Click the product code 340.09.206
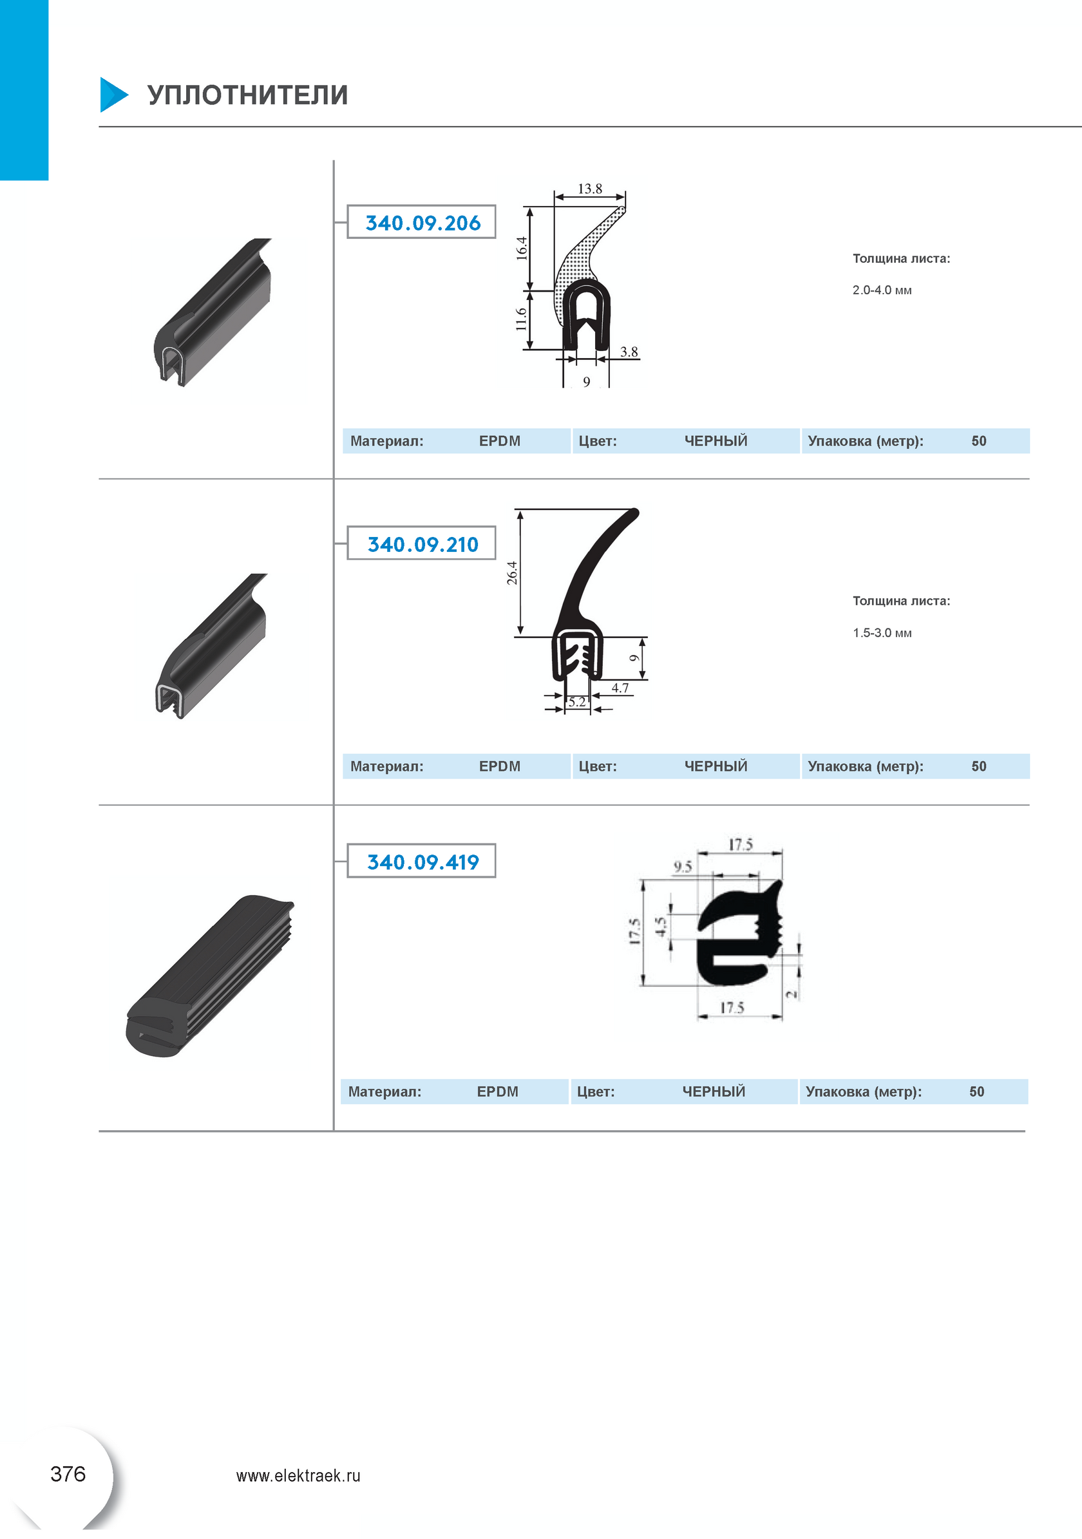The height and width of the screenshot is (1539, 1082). click(423, 223)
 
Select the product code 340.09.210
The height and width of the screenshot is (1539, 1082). click(423, 544)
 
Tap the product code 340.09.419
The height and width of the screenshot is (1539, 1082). click(423, 862)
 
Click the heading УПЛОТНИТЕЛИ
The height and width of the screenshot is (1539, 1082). click(247, 95)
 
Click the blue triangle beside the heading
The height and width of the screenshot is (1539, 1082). click(113, 95)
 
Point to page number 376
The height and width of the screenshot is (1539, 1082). click(68, 1474)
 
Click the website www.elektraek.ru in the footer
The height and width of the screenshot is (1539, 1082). click(298, 1475)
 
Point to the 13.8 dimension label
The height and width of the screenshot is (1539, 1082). click(590, 189)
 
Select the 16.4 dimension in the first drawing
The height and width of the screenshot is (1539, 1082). click(522, 248)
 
